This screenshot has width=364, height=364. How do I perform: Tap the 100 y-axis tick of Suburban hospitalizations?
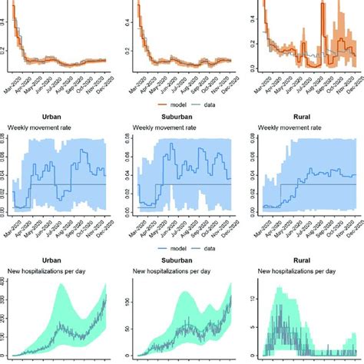click(129, 296)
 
